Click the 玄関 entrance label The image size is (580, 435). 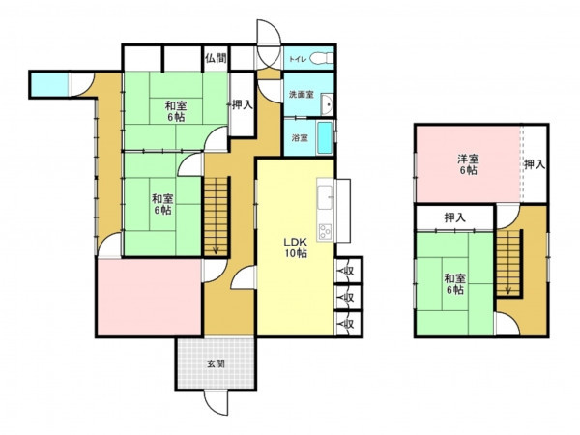[x=216, y=363]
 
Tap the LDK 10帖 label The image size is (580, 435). [x=296, y=247]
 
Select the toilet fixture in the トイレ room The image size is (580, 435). [x=321, y=58]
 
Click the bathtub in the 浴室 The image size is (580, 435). [x=325, y=138]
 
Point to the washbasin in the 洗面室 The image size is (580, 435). [x=328, y=104]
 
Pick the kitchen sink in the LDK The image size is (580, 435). [x=325, y=197]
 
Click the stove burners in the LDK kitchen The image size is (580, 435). [x=325, y=232]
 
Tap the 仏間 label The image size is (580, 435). [x=216, y=58]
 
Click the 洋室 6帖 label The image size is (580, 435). [x=468, y=164]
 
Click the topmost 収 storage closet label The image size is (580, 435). [x=348, y=271]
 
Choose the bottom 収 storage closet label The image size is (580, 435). [x=348, y=324]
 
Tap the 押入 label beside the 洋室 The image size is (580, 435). [x=535, y=164]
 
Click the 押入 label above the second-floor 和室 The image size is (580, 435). [x=454, y=217]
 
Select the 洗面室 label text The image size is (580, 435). [x=302, y=95]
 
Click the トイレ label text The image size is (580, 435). [x=298, y=59]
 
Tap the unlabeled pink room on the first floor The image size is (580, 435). [x=150, y=298]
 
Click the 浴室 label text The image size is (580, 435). [x=300, y=138]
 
